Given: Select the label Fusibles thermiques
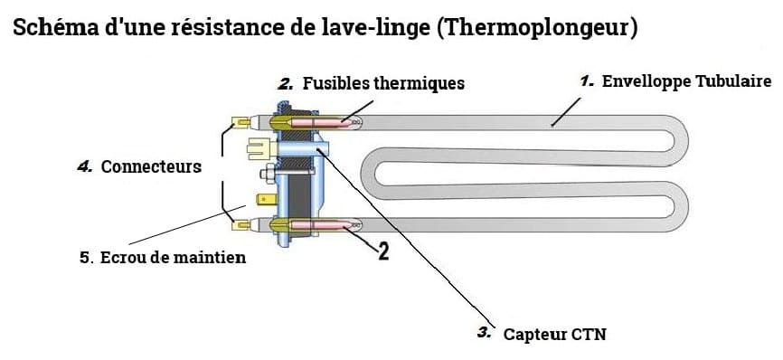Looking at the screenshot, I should pos(383,83).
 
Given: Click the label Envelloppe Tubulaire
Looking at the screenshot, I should pos(686,81).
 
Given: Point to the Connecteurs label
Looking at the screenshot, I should pos(151,167).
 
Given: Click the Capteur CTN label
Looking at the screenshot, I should pos(554,335).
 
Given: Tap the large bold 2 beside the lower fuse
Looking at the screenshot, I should pos(382,251).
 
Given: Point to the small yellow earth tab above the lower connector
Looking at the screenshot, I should pos(268,199).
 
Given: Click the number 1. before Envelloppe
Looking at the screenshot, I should pos(587,81).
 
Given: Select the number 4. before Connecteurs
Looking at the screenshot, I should pos(86,167).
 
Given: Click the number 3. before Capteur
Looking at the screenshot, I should pos(484,334).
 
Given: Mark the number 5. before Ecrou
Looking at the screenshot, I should pos(86,258).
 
